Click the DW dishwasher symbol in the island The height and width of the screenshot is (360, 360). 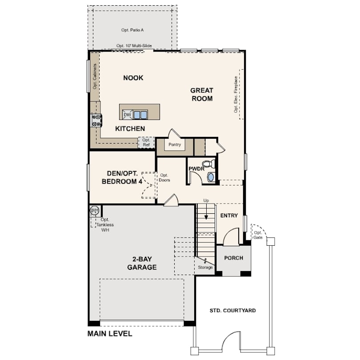tap(128, 115)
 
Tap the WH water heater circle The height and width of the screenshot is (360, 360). tap(94, 210)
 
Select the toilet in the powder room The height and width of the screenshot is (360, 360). tap(208, 164)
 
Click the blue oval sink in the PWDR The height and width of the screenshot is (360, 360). tap(211, 177)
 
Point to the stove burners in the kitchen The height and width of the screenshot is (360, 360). tap(96, 120)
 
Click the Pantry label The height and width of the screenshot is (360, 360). tap(175, 144)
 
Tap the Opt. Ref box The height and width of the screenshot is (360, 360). tap(146, 142)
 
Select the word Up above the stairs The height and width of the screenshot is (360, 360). tap(206, 200)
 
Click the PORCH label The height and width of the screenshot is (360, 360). tap(233, 258)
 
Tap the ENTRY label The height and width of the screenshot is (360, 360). tap(229, 216)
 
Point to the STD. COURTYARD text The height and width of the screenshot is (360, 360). tap(232, 310)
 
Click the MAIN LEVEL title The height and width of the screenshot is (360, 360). tap(110, 333)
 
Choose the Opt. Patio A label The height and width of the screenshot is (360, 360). tap(132, 30)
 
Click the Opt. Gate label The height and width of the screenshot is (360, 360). tap(258, 235)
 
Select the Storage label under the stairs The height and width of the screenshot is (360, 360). tap(205, 267)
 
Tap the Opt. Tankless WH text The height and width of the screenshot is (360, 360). tap(105, 225)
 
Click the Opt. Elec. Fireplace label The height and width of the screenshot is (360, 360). tap(236, 94)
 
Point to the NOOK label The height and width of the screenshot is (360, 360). tap(133, 78)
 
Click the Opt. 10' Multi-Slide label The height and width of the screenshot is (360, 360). tap(134, 46)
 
